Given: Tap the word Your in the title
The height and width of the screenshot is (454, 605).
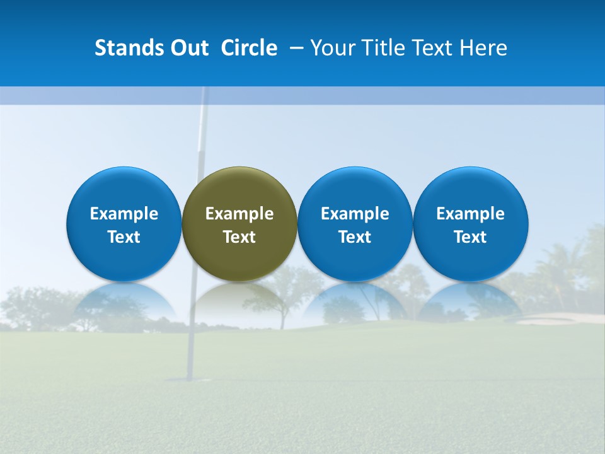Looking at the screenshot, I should [x=333, y=48].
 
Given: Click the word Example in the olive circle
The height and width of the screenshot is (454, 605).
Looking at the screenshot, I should [x=239, y=214].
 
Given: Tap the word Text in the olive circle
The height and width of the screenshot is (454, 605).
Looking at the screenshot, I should [x=239, y=237].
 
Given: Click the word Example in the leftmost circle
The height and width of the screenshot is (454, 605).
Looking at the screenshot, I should [x=124, y=214].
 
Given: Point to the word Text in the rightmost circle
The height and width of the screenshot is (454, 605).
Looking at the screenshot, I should [x=471, y=237].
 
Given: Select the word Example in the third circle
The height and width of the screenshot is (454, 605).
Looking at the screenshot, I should [x=355, y=214].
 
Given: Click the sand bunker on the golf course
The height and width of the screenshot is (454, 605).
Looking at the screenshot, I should [x=555, y=318].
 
